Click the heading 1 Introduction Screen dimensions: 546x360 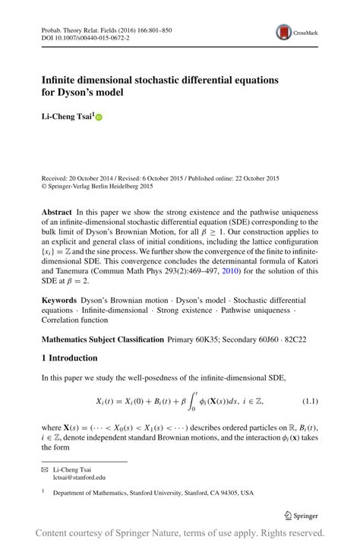pyautogui.click(x=69, y=357)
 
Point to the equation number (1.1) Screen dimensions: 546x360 pyautogui.click(x=310, y=400)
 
